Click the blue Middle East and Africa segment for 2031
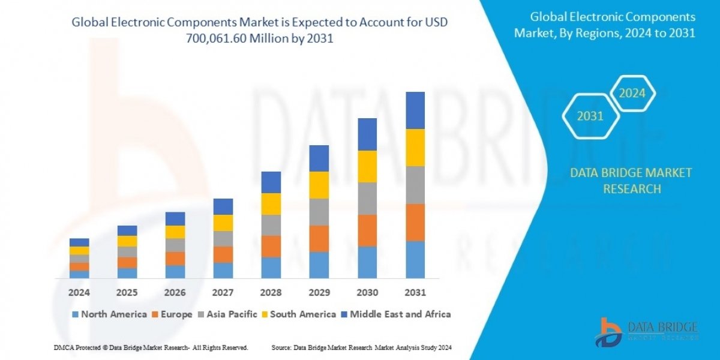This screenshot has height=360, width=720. (x=415, y=110)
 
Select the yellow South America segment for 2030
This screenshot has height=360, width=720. (x=367, y=166)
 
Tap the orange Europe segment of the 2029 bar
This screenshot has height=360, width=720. (x=319, y=238)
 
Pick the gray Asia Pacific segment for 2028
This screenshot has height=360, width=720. (x=271, y=225)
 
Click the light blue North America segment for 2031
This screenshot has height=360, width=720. (x=415, y=260)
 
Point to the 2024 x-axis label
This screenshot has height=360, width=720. (x=79, y=293)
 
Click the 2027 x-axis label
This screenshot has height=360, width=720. (x=223, y=293)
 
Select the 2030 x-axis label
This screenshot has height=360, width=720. (x=367, y=293)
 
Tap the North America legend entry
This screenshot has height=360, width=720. (x=109, y=314)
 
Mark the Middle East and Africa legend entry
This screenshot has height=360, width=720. (x=396, y=314)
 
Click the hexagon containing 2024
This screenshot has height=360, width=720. (x=632, y=94)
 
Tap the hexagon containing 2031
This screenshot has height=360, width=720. (x=590, y=116)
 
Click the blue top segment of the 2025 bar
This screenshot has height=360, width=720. (x=127, y=230)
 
